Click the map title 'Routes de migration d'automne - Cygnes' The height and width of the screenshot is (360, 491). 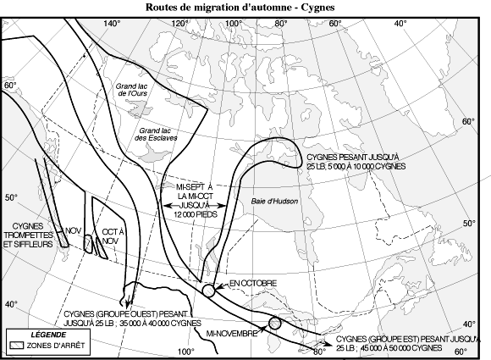(x=240, y=7)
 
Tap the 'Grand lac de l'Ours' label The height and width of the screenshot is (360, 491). (x=131, y=90)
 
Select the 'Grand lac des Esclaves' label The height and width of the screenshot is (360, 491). (x=156, y=134)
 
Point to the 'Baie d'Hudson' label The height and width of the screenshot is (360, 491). (x=274, y=201)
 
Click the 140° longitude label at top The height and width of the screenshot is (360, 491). (x=112, y=24)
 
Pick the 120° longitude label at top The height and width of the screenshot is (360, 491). (x=180, y=24)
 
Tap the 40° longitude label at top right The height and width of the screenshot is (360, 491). (x=400, y=24)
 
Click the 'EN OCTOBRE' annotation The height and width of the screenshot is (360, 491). (x=253, y=283)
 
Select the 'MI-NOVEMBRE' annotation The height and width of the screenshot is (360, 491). (x=231, y=334)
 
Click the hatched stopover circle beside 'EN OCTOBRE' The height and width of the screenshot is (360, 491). (x=208, y=291)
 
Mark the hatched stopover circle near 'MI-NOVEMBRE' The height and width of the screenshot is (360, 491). (x=274, y=323)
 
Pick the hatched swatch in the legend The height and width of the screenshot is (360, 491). (x=16, y=346)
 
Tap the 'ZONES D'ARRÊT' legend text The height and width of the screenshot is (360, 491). (x=56, y=346)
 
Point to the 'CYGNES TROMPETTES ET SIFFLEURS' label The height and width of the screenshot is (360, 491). (x=28, y=235)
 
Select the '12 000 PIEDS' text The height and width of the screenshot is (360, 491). (x=196, y=214)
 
